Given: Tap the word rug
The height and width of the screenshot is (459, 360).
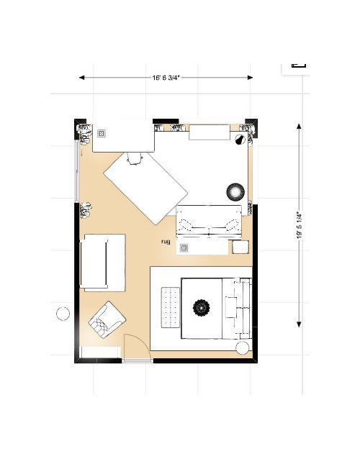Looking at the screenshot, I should pos(165,242).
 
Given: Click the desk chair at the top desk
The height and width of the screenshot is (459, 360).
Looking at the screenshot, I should pos(135,158).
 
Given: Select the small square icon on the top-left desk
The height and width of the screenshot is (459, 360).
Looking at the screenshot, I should pos(102,132).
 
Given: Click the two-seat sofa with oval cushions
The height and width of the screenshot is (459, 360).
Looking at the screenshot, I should pos(210,221).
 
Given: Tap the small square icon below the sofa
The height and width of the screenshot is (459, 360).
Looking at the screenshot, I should pos(184,248).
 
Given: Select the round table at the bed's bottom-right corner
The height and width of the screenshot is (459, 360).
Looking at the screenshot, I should pos(243,348).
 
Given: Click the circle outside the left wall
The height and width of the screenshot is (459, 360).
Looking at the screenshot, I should pos(63,314).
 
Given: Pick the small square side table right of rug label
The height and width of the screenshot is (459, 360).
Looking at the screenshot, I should pos(240,247).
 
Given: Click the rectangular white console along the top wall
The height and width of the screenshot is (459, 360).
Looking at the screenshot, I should pos(208,132).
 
